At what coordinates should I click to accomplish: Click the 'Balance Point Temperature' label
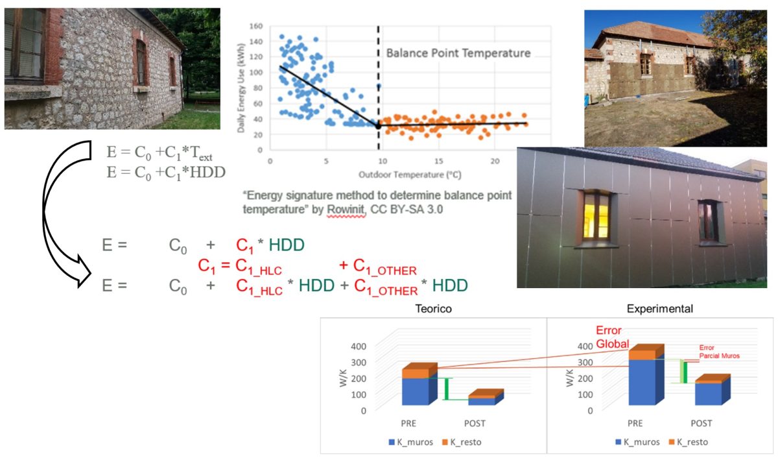pyautogui.click(x=458, y=53)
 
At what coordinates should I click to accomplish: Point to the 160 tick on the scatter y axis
pyautogui.click(x=257, y=27)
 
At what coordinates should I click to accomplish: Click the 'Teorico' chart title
pyautogui.click(x=434, y=309)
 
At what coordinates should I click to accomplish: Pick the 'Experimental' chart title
pyautogui.click(x=661, y=309)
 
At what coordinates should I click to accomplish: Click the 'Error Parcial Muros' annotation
pyautogui.click(x=718, y=352)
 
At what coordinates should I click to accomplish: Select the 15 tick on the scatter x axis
pyautogui.click(x=438, y=162)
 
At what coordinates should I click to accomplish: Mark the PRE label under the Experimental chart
pyautogui.click(x=635, y=423)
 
